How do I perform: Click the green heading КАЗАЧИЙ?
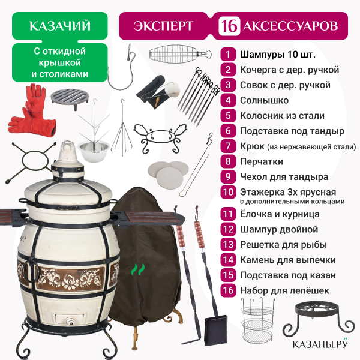60,26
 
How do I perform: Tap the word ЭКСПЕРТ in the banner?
163,26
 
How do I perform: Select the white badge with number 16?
229,26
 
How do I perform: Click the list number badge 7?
228,146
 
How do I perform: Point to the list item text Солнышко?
264,100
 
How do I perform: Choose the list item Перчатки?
262,161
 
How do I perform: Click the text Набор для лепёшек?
284,290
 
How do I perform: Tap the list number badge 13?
228,245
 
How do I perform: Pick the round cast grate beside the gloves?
70,98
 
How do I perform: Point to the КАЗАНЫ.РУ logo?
320,343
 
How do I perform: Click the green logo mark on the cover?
138,269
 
